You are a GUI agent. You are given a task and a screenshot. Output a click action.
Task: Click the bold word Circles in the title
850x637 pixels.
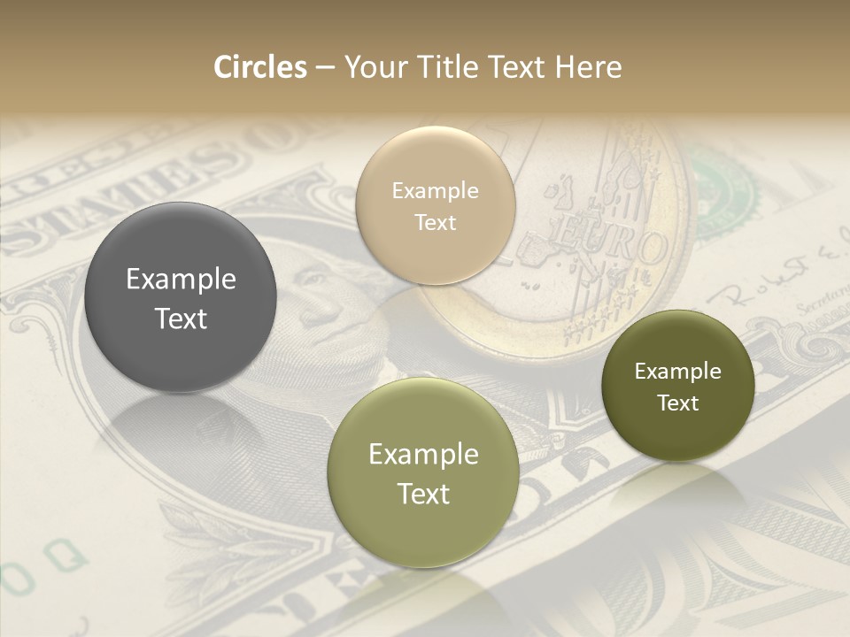coord(260,67)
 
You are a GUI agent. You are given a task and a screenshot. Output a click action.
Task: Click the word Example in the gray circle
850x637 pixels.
coord(181,280)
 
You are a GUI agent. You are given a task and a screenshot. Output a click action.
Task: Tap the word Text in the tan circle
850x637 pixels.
coord(435,223)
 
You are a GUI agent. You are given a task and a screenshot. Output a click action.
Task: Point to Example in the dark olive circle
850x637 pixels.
coord(677,372)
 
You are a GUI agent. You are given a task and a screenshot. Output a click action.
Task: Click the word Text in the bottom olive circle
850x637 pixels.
coord(423,494)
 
